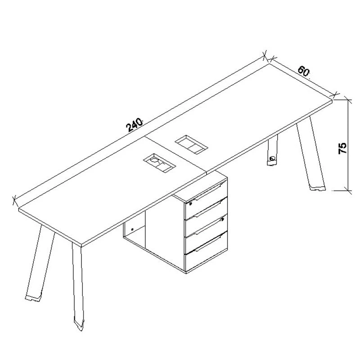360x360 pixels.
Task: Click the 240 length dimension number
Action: coord(135,125)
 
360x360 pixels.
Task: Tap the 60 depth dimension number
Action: coord(303,71)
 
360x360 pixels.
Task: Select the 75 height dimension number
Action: coord(342,148)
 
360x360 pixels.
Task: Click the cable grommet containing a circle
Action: coord(159,162)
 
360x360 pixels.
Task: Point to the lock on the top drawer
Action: coord(190,203)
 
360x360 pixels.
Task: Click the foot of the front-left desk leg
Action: coord(33,298)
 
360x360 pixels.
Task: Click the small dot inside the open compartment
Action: coord(132,229)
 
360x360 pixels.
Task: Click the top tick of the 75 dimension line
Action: coord(348,100)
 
